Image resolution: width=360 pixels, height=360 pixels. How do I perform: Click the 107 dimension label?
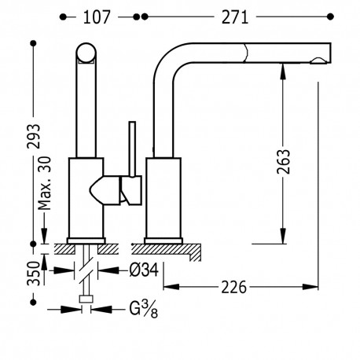click(97, 17)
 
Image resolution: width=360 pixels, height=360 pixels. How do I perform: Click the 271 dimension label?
click(235, 17)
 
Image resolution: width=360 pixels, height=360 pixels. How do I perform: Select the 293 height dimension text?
click(35, 136)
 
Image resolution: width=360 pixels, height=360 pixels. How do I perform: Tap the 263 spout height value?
click(284, 162)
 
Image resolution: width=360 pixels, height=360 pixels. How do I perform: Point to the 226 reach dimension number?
click(234, 287)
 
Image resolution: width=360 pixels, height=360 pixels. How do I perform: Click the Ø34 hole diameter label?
click(144, 270)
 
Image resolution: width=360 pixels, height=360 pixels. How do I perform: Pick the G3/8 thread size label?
click(144, 309)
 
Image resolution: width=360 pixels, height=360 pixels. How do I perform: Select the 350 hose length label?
click(35, 274)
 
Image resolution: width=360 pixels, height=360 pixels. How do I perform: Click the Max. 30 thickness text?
click(44, 183)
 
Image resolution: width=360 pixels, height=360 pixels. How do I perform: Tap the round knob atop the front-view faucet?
click(86, 53)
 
